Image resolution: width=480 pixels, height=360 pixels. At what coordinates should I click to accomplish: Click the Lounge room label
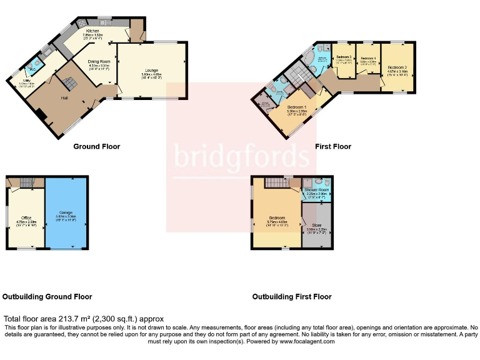point(152,70)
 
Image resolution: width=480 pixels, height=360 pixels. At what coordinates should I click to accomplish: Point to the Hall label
point(64,98)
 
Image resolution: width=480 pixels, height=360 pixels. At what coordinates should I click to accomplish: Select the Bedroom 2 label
point(397,67)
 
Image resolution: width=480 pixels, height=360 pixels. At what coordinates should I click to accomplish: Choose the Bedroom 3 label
point(342,57)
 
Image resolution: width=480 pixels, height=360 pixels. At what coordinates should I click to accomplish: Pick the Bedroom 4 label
point(368,59)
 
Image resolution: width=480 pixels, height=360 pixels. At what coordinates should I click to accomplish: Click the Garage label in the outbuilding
point(66,213)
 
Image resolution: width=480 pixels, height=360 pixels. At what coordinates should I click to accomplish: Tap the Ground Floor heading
point(96,147)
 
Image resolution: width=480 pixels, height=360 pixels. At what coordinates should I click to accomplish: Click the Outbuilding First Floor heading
point(291,297)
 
